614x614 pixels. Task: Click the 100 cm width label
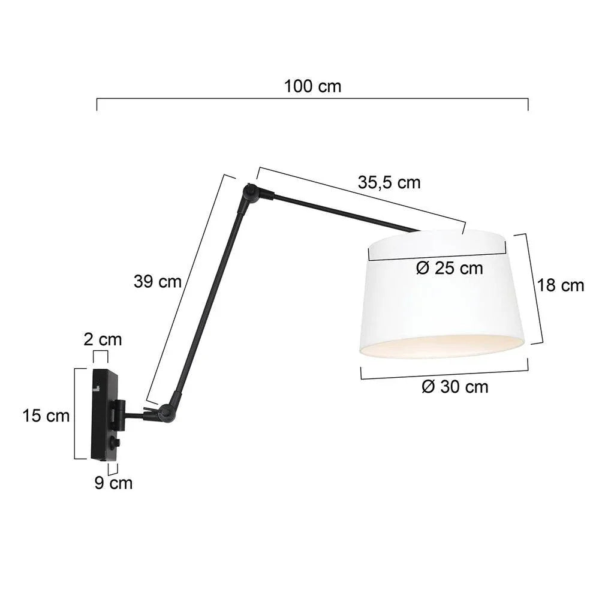click(x=312, y=86)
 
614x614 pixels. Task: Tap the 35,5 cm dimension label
click(x=389, y=182)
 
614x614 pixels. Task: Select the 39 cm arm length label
click(x=157, y=281)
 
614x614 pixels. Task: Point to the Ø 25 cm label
click(x=449, y=268)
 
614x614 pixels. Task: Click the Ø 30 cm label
click(x=455, y=387)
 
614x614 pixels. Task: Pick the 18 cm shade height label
click(x=560, y=285)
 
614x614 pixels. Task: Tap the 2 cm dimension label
click(x=102, y=339)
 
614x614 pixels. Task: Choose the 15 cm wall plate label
click(x=46, y=415)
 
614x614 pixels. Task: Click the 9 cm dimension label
click(x=113, y=482)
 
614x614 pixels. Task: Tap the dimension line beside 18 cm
click(x=534, y=288)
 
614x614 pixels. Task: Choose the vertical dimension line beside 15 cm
click(x=75, y=414)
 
